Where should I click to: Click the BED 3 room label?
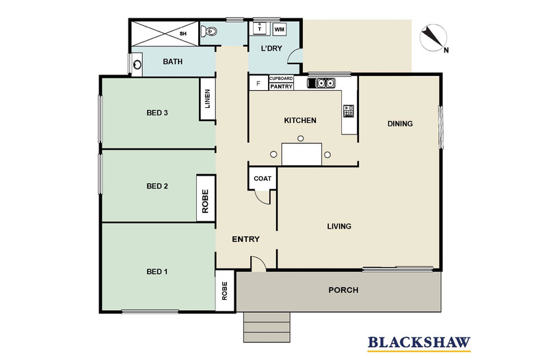pos(157,113)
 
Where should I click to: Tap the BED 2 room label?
pos(157,186)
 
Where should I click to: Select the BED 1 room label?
pos(157,272)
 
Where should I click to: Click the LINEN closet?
pos(207,100)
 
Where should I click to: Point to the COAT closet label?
pos(262,179)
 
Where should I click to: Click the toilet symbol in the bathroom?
pos(210,31)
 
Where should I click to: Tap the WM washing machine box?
pos(280,30)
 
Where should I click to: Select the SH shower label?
pos(183,33)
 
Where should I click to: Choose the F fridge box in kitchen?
pos(258,84)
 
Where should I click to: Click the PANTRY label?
pos(282,87)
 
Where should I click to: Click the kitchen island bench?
pos(301,154)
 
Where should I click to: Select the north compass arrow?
pos(433,38)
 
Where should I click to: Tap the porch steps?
pos(267,327)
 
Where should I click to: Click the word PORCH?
pos(343,290)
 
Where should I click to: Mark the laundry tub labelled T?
pos(260,29)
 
